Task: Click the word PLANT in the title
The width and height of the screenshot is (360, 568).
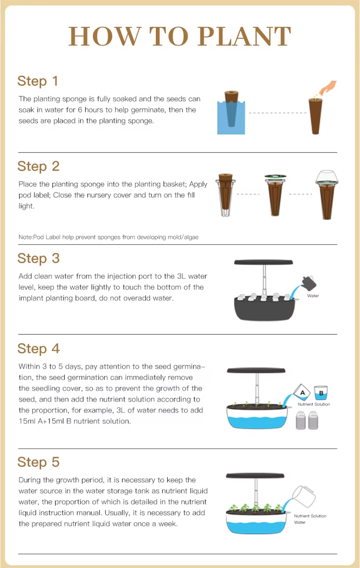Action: pos(244,36)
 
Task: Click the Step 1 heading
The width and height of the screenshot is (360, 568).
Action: pos(38,81)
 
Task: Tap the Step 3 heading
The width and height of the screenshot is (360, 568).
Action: pos(39,258)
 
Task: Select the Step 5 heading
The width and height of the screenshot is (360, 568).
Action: pos(39,462)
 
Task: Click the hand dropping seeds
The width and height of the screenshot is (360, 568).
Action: pos(328,88)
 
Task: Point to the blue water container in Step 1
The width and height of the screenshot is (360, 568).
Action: pos(231,117)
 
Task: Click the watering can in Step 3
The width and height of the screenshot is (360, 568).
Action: pos(309,283)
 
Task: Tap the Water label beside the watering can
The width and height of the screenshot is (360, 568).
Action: pos(313,296)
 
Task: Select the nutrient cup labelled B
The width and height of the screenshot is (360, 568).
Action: pos(321,393)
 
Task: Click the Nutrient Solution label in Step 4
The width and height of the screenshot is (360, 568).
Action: pos(314,404)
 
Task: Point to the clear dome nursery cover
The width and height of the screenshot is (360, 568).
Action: pos(327,176)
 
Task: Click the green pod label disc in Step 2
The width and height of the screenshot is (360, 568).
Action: pos(275,176)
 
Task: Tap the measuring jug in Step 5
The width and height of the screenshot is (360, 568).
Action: pos(303,496)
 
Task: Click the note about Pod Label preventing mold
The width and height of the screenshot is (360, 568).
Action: pos(108,237)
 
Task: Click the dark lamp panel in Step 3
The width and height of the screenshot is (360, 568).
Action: pos(263,262)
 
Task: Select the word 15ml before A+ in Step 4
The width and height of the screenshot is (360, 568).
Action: pos(27,421)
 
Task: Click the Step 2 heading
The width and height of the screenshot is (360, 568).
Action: pos(39,167)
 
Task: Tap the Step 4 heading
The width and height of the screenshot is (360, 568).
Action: pos(39,348)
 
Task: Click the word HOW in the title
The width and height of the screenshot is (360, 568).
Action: pos(105,36)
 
